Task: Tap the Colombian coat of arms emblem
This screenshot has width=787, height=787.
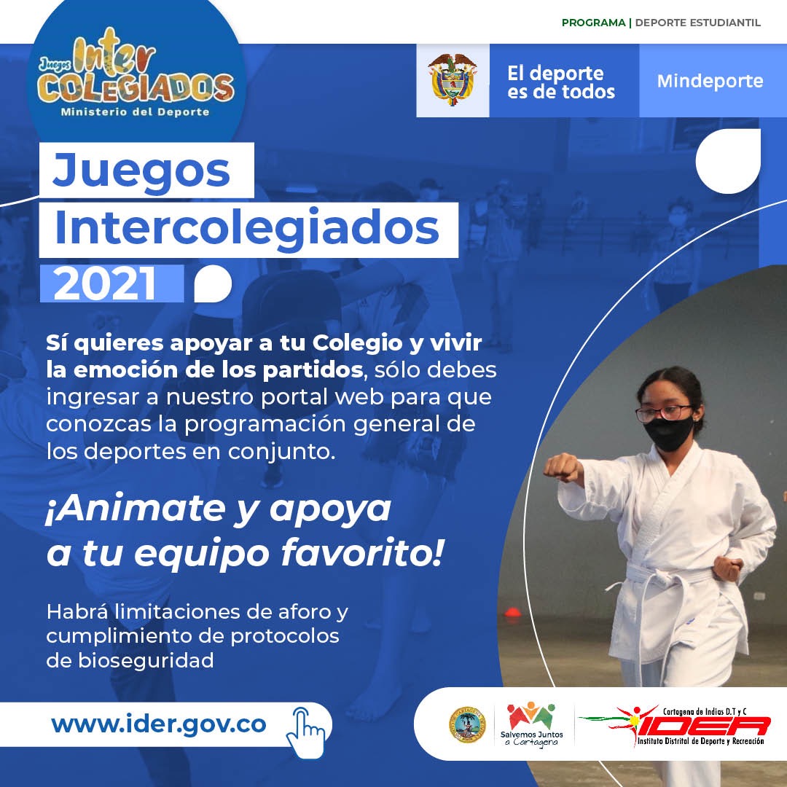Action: pyautogui.click(x=453, y=79)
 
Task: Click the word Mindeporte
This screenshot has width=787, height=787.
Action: pyautogui.click(x=710, y=81)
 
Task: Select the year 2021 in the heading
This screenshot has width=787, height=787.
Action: pyautogui.click(x=105, y=283)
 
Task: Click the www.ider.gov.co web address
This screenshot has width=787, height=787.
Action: pyautogui.click(x=159, y=724)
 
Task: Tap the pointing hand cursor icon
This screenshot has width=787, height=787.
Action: pyautogui.click(x=305, y=733)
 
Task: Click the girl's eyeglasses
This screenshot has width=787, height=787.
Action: pyautogui.click(x=664, y=412)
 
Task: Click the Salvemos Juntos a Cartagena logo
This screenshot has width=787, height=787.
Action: pyautogui.click(x=531, y=725)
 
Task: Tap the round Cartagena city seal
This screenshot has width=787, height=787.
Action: pyautogui.click(x=467, y=725)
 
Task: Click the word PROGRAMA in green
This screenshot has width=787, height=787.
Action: pyautogui.click(x=593, y=23)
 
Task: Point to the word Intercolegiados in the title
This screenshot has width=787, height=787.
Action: pyautogui.click(x=247, y=229)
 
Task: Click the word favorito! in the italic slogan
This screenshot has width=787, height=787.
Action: pyautogui.click(x=362, y=554)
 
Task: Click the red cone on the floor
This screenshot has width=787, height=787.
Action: pyautogui.click(x=512, y=612)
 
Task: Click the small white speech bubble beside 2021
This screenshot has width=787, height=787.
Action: pyautogui.click(x=213, y=283)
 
